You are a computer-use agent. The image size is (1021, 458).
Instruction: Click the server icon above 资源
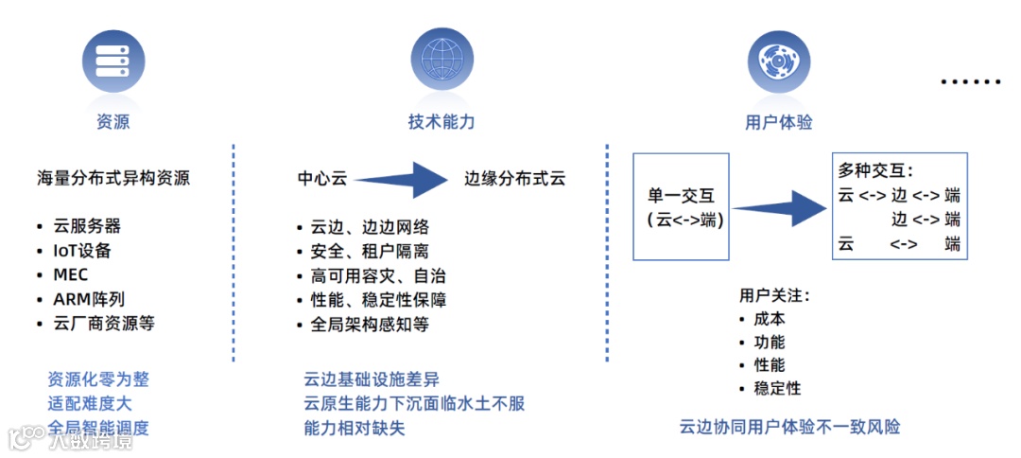[x=113, y=58]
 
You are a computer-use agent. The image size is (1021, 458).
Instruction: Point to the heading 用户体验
[x=778, y=122]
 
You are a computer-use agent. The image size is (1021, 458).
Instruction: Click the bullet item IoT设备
[x=82, y=251]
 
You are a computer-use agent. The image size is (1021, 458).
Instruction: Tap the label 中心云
[x=322, y=178]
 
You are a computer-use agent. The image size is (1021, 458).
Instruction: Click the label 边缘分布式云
[x=514, y=178]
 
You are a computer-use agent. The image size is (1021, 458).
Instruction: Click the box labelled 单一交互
[x=681, y=207]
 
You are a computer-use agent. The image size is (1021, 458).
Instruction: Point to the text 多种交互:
[x=875, y=171]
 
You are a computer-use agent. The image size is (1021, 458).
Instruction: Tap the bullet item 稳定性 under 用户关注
[x=777, y=388]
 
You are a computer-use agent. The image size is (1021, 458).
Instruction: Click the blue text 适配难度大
[x=91, y=403]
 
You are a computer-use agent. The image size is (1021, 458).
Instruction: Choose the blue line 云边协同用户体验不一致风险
[x=789, y=427]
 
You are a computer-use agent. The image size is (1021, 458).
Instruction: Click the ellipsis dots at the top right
[x=970, y=82]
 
